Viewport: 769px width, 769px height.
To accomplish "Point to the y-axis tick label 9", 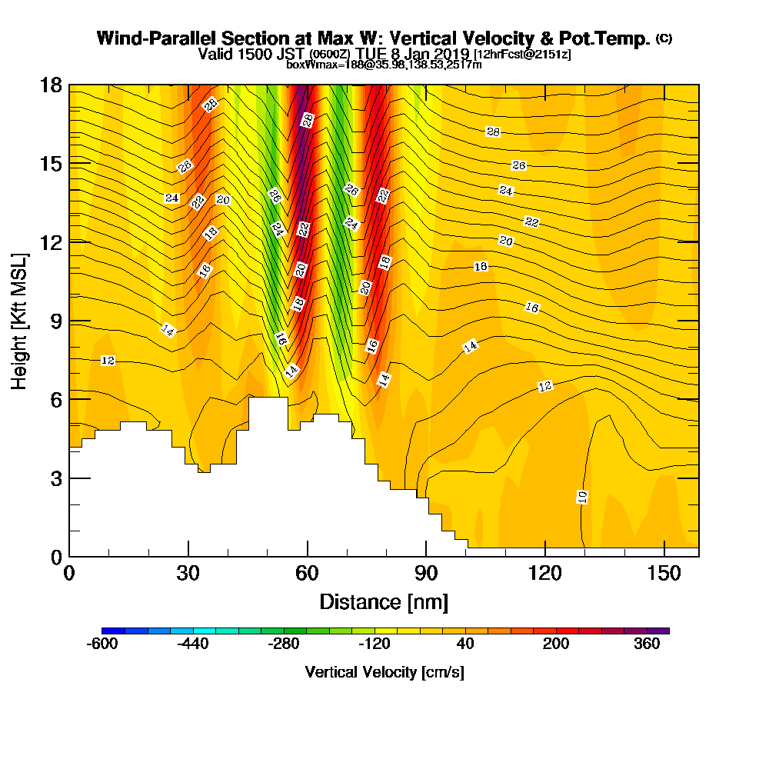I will click(55, 321).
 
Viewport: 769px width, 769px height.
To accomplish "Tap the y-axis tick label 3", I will click(55, 478).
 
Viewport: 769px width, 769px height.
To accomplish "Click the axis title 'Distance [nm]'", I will click(384, 601).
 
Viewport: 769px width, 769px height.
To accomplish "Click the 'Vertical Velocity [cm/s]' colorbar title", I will click(384, 672).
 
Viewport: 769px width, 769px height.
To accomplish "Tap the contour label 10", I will click(582, 497).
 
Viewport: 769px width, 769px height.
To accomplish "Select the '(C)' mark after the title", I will click(664, 38).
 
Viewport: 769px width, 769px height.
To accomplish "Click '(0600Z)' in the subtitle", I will click(330, 55).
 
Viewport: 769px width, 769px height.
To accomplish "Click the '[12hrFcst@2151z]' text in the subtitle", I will click(522, 55).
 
